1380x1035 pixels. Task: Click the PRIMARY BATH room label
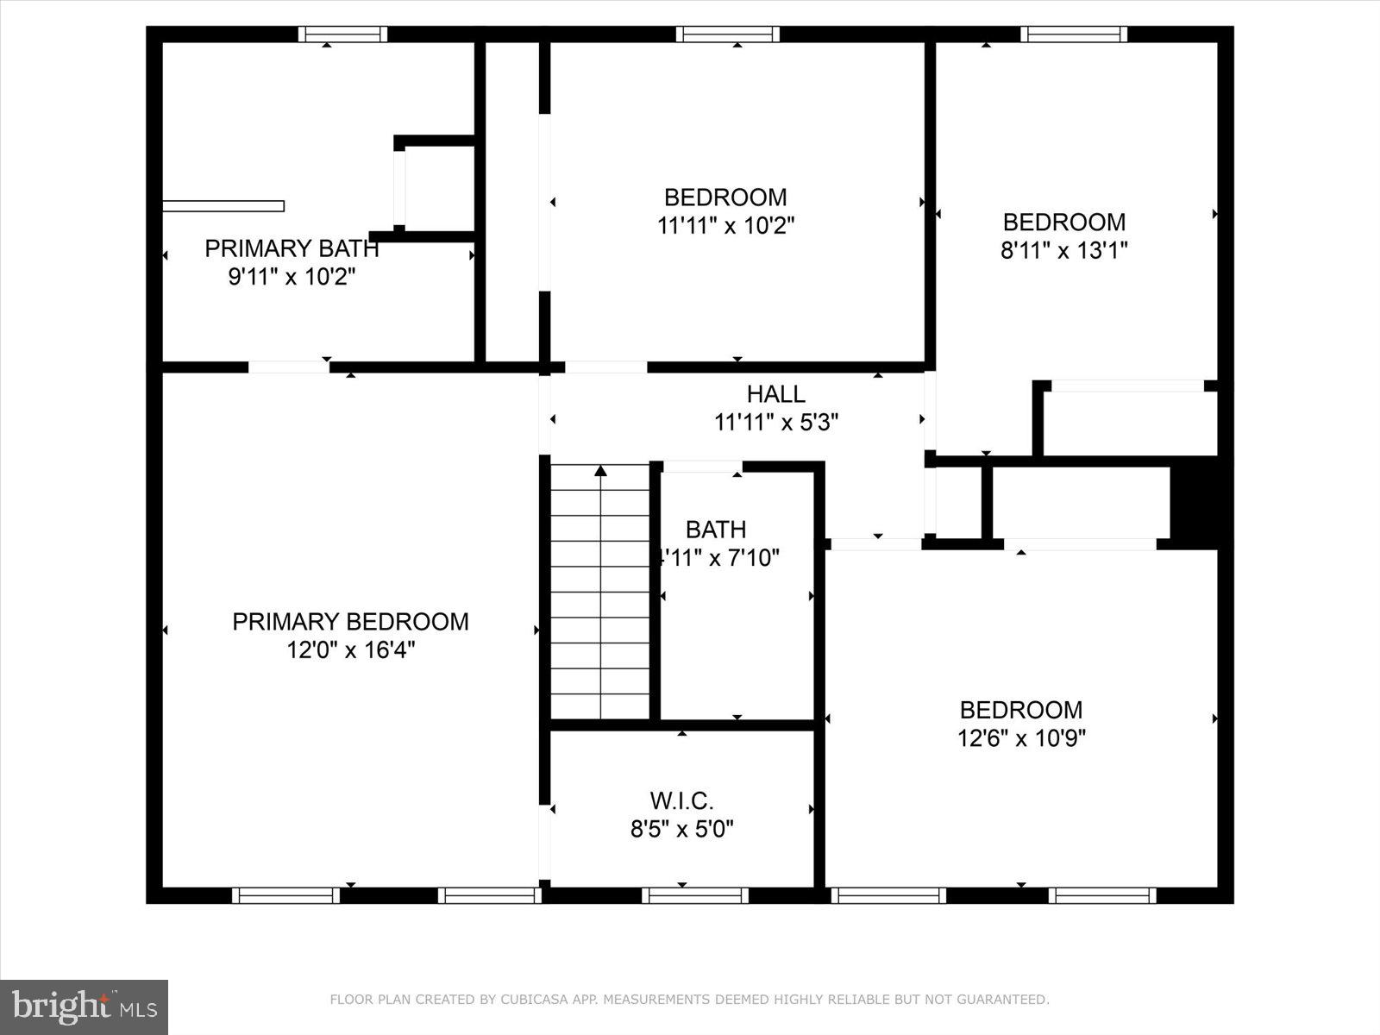(292, 248)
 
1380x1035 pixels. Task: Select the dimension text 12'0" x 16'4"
(350, 650)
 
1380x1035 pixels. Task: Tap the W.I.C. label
(681, 800)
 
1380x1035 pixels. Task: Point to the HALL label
(775, 394)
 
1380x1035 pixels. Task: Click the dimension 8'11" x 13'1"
(1063, 251)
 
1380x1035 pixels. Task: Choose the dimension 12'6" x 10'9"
(1021, 738)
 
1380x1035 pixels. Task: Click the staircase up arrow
(600, 471)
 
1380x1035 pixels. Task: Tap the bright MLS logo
(84, 1007)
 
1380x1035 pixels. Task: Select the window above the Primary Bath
(342, 34)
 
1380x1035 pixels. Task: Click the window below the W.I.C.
(695, 895)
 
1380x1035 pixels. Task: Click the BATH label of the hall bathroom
(716, 529)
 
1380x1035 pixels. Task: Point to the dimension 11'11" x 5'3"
(775, 423)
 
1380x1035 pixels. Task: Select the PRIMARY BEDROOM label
(350, 622)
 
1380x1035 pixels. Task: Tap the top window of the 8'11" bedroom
(1073, 34)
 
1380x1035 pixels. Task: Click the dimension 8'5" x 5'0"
(681, 830)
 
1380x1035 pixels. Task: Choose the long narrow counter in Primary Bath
(223, 205)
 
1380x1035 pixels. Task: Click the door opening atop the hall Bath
(702, 467)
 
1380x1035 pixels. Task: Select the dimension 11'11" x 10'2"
(725, 226)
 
